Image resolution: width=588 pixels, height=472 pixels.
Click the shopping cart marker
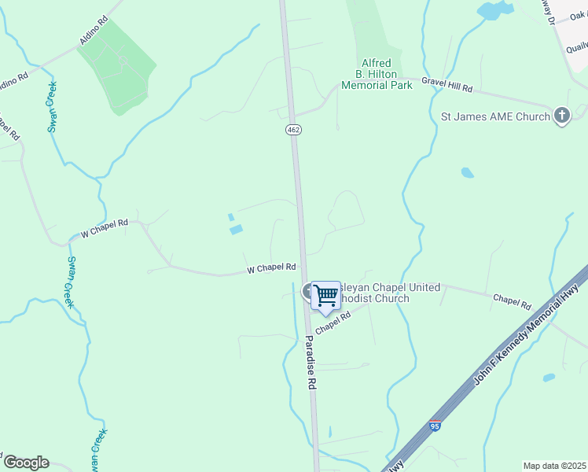click(325, 296)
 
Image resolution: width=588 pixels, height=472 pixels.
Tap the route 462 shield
click(293, 129)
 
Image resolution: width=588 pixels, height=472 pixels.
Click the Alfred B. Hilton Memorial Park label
click(377, 74)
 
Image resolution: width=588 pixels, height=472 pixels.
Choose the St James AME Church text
click(494, 117)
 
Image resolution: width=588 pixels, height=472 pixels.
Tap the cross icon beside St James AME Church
click(561, 116)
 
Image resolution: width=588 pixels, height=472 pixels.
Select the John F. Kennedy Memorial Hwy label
click(526, 334)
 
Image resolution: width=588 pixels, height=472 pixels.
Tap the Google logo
click(26, 463)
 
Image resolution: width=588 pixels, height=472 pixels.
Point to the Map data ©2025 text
click(554, 466)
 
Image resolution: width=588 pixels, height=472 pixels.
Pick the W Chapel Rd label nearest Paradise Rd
click(271, 268)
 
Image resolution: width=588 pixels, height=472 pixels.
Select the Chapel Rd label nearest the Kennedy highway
click(512, 301)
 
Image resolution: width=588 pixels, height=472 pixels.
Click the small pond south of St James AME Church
click(468, 172)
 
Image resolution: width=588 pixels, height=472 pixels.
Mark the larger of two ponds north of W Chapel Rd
click(235, 230)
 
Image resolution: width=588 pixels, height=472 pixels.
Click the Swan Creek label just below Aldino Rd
click(53, 107)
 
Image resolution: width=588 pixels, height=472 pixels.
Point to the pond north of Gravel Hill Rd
click(492, 10)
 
